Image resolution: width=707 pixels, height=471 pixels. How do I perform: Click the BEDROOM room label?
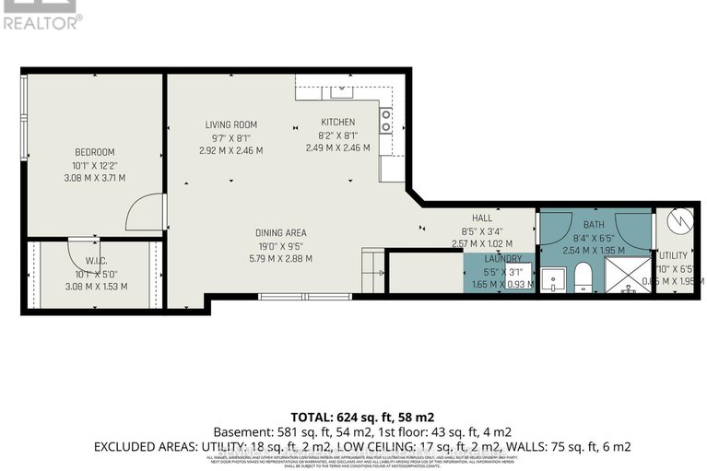coord(94,152)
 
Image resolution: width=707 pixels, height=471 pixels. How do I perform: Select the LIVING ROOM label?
coord(231,124)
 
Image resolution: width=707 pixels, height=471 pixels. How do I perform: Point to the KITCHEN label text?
coord(337,122)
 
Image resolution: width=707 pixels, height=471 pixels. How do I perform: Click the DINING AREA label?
coord(280,232)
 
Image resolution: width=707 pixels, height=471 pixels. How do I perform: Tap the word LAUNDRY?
coord(504,259)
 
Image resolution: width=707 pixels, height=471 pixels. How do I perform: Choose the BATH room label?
coord(595,224)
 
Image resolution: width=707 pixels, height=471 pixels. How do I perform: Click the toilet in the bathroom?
coord(583,277)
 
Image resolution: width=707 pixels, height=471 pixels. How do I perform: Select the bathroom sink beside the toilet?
coord(553,278)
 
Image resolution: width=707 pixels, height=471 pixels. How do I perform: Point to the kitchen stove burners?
coord(387,121)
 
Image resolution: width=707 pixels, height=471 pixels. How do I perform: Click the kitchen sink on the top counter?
coord(342,88)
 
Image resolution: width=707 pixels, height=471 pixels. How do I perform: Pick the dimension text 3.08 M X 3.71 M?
coord(94,178)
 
